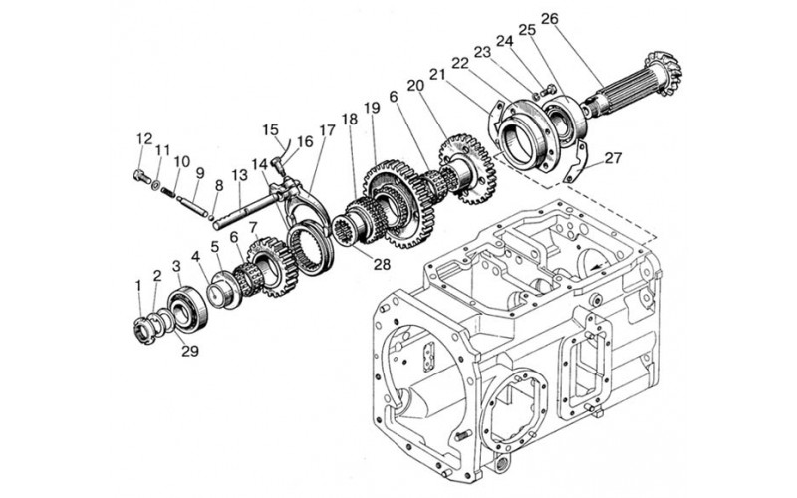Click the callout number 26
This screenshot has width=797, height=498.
point(550,19)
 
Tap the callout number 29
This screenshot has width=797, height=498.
point(190,351)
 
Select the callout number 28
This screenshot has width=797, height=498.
point(382,264)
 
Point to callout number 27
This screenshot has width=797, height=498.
point(613,158)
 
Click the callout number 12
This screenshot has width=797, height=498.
point(144,138)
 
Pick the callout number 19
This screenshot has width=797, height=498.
point(372,108)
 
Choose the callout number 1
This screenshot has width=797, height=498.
point(137,286)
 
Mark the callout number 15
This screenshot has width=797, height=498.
point(271,129)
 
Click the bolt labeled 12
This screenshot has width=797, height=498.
point(141,177)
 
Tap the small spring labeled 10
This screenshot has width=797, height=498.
point(168,192)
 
